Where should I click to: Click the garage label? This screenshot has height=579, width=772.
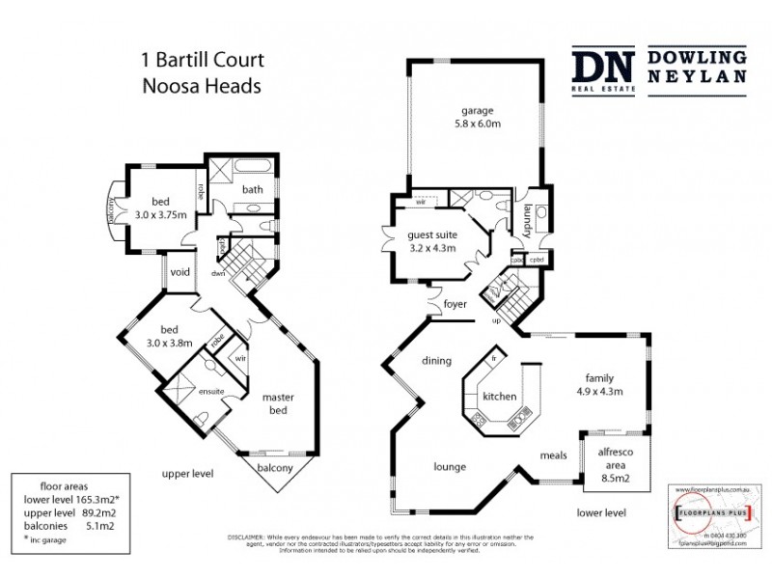478,109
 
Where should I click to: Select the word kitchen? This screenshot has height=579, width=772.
500,397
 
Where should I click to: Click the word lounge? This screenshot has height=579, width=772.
449,466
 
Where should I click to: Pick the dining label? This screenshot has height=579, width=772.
436,361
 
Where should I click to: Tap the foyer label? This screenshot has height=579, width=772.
455,305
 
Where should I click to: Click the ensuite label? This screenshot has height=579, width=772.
212,391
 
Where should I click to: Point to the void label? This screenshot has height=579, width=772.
179,272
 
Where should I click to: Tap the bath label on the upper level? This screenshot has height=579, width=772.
253,189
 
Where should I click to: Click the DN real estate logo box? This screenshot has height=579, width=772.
603,69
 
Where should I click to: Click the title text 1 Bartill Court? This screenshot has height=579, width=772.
203,61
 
